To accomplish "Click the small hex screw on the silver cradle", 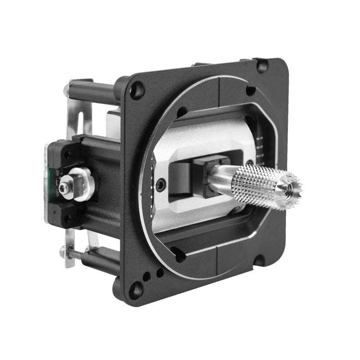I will coord(161,184).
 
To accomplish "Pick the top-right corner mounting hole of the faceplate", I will coord(261,66).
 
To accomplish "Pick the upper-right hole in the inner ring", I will coord(251,91).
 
